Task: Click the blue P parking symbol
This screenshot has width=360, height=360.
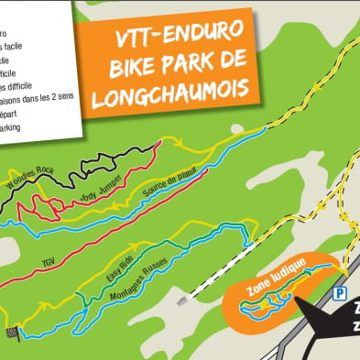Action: (339, 293)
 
